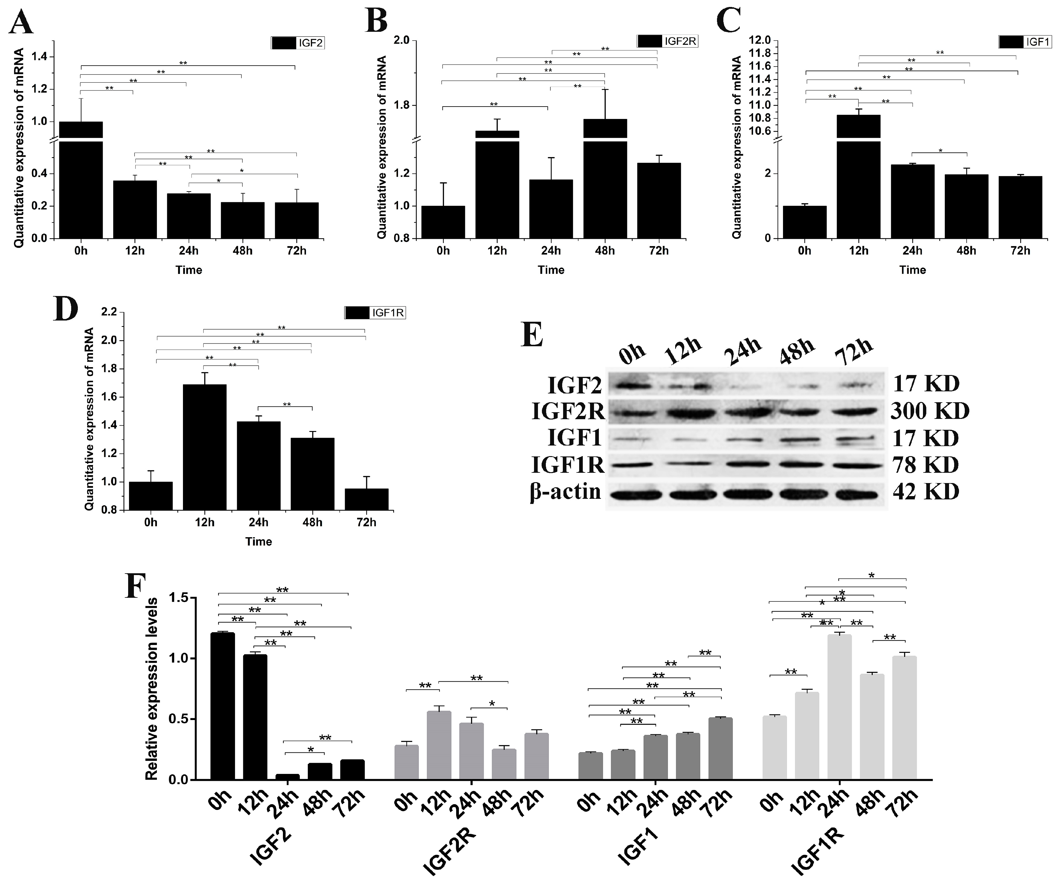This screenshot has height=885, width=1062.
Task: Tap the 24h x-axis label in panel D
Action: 258,522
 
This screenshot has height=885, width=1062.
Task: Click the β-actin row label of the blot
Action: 566,491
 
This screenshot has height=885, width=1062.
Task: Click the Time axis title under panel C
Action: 912,270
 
